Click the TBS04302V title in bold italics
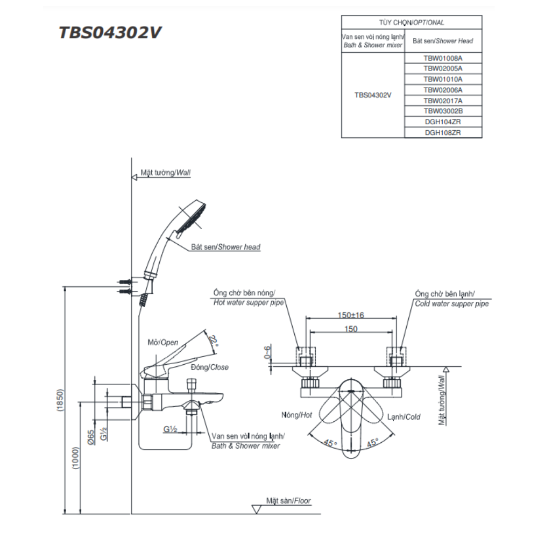(110, 33)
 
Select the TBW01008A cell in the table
(443, 58)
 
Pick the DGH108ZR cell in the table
(443, 132)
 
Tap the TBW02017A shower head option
(443, 100)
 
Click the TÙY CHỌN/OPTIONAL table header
(412, 23)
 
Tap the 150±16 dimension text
(351, 315)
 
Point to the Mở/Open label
(162, 343)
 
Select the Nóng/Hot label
(296, 416)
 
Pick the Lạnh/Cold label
(403, 417)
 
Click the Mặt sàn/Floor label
(288, 501)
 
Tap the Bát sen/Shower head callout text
(225, 247)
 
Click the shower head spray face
(195, 218)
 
